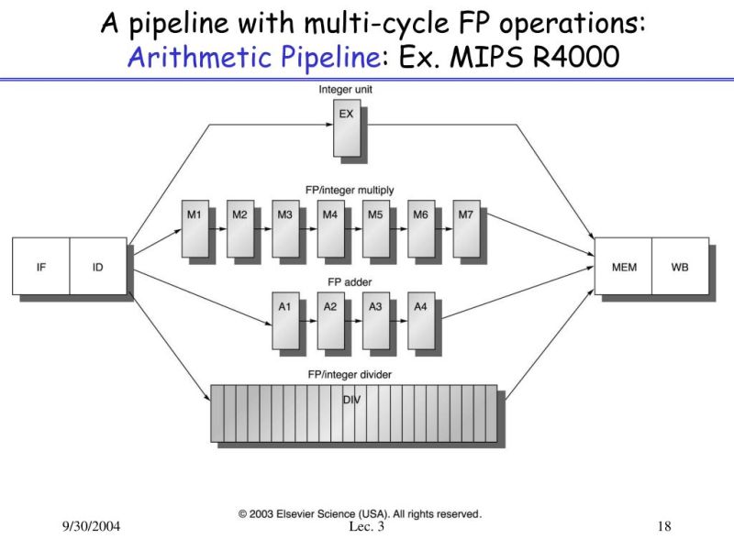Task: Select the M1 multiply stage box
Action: point(195,228)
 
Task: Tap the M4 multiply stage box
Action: point(329,228)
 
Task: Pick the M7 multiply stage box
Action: point(465,228)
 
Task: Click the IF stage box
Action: point(40,267)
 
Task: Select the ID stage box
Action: point(98,267)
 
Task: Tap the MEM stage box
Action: point(623,267)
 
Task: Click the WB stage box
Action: point(680,267)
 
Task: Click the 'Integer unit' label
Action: point(345,90)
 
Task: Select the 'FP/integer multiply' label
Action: point(351,190)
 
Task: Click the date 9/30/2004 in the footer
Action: point(92,527)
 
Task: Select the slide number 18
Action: point(665,527)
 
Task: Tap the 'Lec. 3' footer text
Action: point(368,527)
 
